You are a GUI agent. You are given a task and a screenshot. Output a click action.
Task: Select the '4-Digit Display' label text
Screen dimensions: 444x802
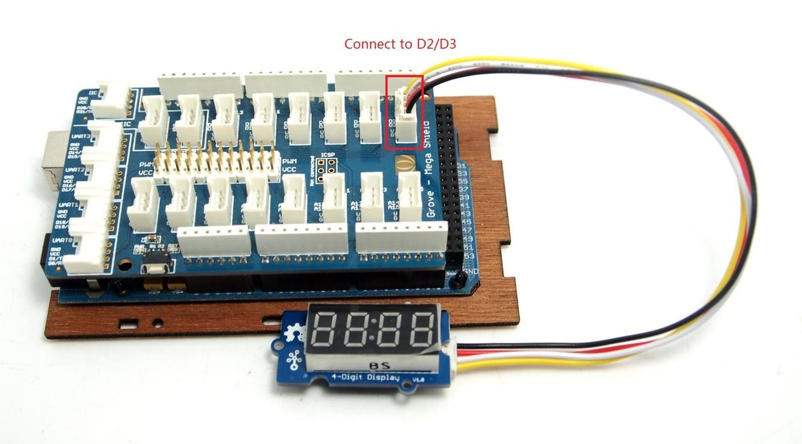pos(364,378)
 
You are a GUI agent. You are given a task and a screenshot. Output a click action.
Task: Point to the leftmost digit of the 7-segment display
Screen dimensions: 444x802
pos(324,329)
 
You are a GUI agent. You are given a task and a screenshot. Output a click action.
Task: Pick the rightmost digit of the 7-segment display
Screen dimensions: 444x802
pos(419,329)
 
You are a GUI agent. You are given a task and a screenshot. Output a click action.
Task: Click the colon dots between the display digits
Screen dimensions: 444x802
pos(372,329)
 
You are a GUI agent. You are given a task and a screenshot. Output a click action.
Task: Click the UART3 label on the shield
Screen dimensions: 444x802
pos(81,136)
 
